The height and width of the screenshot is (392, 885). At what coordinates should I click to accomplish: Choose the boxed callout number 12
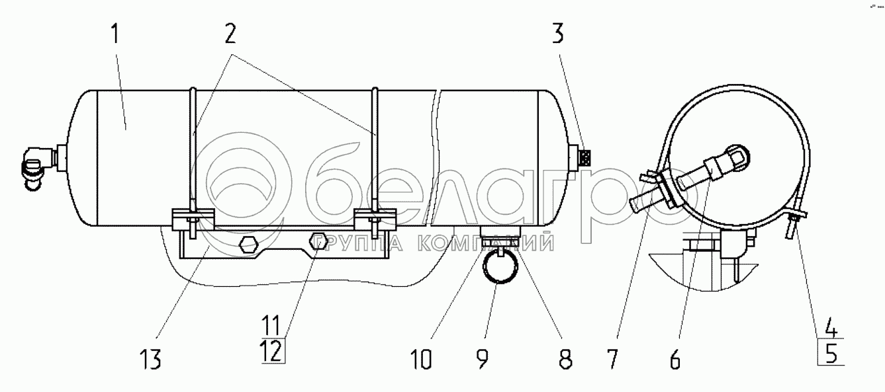273,350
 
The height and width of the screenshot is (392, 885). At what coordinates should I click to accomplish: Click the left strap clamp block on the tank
193,219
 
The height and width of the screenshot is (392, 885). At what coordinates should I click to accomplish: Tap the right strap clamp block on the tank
374,219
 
